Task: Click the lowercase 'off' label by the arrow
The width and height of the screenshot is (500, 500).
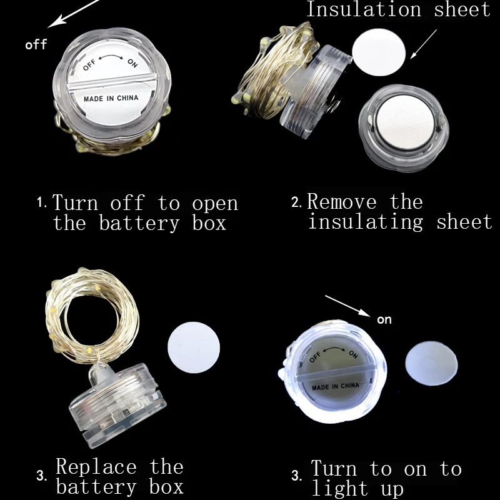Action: [36, 44]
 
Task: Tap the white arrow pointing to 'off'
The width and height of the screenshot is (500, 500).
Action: [74, 13]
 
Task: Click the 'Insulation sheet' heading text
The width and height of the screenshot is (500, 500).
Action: [398, 9]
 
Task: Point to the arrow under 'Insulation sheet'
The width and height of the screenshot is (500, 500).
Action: [423, 44]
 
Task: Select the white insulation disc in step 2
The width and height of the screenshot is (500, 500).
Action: [379, 52]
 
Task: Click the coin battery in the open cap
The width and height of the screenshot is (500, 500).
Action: [405, 122]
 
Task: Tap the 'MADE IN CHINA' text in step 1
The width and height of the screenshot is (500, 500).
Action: [111, 98]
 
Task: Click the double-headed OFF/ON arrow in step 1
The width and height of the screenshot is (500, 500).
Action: [111, 57]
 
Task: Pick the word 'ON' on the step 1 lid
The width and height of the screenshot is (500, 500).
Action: [132, 63]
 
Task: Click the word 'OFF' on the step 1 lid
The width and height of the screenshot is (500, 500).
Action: [89, 65]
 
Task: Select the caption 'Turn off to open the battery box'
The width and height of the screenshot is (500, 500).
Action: [145, 212]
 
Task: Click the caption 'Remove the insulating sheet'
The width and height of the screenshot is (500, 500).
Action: [400, 211]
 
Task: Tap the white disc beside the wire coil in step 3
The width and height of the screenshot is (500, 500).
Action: [194, 347]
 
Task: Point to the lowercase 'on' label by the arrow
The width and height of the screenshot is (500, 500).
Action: [384, 320]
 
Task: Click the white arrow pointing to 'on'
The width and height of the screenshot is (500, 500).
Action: [347, 306]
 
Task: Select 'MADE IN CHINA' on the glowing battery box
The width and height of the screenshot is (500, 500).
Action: [336, 386]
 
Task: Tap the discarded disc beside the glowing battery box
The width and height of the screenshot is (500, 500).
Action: [431, 364]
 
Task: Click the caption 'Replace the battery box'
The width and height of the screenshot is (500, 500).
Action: [119, 476]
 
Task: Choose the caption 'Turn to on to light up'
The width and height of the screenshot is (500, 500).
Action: [386, 478]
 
